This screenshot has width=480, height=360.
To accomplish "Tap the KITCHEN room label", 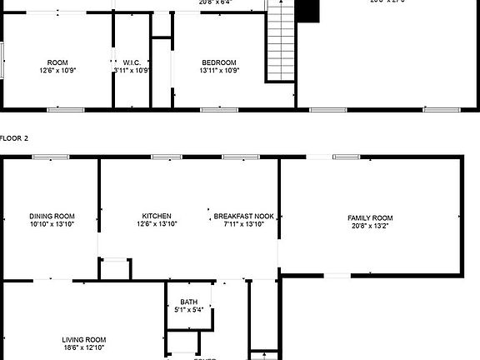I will [x=156, y=216].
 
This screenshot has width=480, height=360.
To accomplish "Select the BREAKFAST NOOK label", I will [x=244, y=216].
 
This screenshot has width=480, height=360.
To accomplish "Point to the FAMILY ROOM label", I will [x=370, y=217].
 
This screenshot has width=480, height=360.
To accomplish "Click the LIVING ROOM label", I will [x=84, y=339].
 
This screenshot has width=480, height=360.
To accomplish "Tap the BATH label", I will [x=189, y=302].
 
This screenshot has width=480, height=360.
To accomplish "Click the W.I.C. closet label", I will [x=132, y=62].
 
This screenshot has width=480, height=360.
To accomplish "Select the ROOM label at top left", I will [x=57, y=62].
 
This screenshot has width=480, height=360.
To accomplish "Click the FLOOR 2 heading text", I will [x=14, y=137].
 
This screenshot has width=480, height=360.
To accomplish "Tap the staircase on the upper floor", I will [x=281, y=42].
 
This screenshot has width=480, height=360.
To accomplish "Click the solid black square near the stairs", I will [x=309, y=10].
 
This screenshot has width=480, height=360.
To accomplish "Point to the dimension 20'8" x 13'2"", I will [x=370, y=225].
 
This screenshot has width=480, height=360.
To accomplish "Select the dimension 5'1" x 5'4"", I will [x=189, y=309].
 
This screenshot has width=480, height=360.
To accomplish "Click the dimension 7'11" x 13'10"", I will [x=244, y=223].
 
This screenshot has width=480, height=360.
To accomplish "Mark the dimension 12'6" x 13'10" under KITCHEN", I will [x=156, y=223].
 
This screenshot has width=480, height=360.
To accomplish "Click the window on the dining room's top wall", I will [x=56, y=156].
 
